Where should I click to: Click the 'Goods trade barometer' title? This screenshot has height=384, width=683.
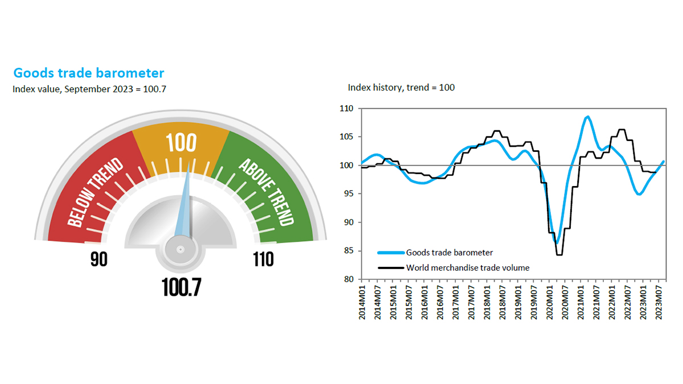click(88, 73)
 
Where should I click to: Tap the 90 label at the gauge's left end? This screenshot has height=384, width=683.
click(99, 260)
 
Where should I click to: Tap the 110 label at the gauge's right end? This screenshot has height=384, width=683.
click(263, 260)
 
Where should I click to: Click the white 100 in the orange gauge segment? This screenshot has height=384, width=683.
click(182, 143)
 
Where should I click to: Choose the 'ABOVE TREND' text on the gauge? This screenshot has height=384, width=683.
click(266, 192)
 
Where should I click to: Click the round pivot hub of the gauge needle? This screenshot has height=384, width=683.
click(180, 249)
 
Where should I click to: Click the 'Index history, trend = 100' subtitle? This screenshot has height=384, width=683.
click(401, 88)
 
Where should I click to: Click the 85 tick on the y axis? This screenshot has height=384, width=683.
click(347, 251)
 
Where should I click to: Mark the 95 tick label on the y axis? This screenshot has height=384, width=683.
click(347, 194)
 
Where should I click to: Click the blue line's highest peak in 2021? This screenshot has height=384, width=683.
click(587, 117)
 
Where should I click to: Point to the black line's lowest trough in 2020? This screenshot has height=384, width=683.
click(559, 254)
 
